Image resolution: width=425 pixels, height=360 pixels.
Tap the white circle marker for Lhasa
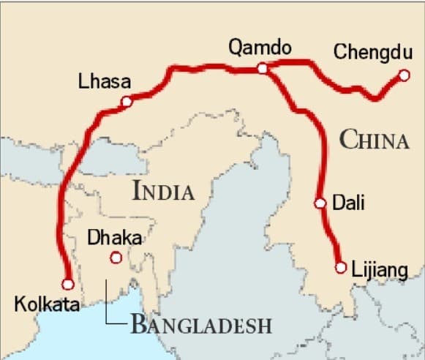pyautogui.click(x=127, y=102)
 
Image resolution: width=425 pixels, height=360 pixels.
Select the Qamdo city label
pyautogui.click(x=260, y=48)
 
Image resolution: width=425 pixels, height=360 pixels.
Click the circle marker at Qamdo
pyautogui.click(x=263, y=69)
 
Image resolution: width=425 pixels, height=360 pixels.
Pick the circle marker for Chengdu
pyautogui.click(x=404, y=75)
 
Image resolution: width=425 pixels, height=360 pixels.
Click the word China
pyautogui.click(x=374, y=139)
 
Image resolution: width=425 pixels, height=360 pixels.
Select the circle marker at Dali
pyautogui.click(x=320, y=203)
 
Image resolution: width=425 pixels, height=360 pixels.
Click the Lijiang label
pyautogui.click(x=379, y=270)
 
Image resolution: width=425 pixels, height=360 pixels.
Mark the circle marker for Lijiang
pyautogui.click(x=340, y=268)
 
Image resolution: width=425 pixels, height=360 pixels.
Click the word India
pyautogui.click(x=164, y=192)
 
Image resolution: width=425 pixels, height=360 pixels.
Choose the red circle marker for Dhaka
pyautogui.click(x=115, y=257)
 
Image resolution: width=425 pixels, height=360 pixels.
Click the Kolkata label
pyautogui.click(x=47, y=304)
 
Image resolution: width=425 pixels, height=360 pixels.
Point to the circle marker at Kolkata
pyautogui.click(x=67, y=284)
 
